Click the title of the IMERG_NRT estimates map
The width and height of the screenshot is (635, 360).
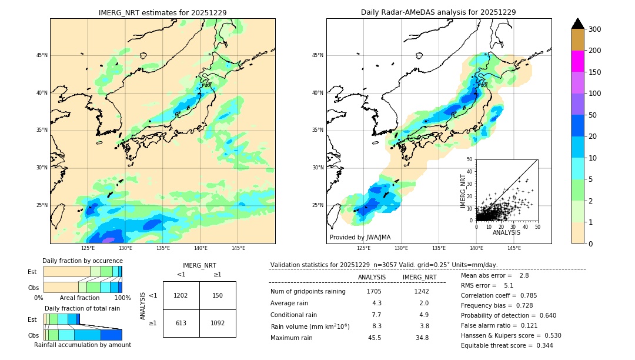(162, 12)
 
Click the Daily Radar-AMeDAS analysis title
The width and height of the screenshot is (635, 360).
(439, 12)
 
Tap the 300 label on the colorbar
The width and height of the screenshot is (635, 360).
(594, 29)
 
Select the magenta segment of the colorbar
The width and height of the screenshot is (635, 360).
(578, 61)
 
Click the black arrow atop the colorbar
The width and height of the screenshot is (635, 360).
(578, 24)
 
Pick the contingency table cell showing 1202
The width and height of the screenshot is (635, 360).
(181, 295)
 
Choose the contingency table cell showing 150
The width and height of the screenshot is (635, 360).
(218, 295)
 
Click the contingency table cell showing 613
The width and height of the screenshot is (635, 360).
(181, 323)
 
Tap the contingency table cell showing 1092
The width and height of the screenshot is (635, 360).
(218, 323)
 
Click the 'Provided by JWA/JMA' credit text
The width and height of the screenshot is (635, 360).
(360, 238)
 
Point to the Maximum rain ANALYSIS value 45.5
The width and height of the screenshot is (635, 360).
(374, 338)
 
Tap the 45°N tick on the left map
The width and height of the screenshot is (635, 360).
(42, 55)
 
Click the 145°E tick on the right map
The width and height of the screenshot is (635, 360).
(514, 248)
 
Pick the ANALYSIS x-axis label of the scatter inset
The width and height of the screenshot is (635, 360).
(506, 232)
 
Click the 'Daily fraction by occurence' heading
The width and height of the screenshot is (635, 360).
(82, 261)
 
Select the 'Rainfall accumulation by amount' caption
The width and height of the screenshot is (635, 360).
(82, 345)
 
